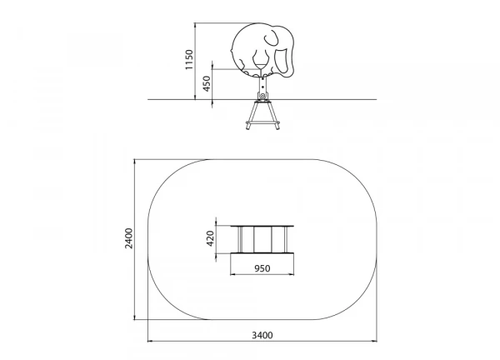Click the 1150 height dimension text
[x=189, y=60]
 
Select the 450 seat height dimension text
[x=207, y=83]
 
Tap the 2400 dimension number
[x=129, y=238]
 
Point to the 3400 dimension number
[x=262, y=335]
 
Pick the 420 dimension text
[x=210, y=238]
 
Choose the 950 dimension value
[x=262, y=268]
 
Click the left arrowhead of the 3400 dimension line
[x=150, y=341]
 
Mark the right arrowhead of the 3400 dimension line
[x=374, y=341]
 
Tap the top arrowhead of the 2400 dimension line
[x=135, y=162]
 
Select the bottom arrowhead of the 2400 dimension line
[x=135, y=317]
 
